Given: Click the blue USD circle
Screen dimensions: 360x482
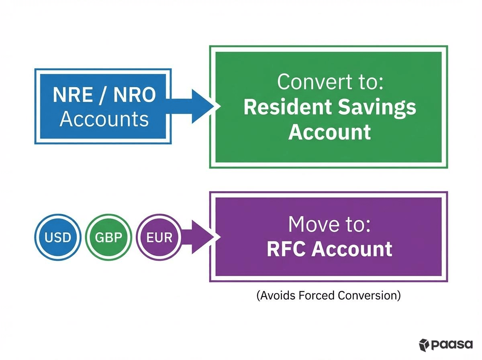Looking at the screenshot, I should coord(58,237).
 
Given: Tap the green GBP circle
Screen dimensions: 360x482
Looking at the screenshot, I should coord(109,237).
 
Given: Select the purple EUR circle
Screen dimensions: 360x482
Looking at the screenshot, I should coord(159,237).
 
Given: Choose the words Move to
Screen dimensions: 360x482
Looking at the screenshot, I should coord(329,225).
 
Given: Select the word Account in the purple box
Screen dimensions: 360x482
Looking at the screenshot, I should coord(352,249).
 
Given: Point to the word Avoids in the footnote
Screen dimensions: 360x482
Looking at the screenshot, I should coord(276,295).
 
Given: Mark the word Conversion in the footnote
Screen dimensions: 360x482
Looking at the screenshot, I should coord(369,295).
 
